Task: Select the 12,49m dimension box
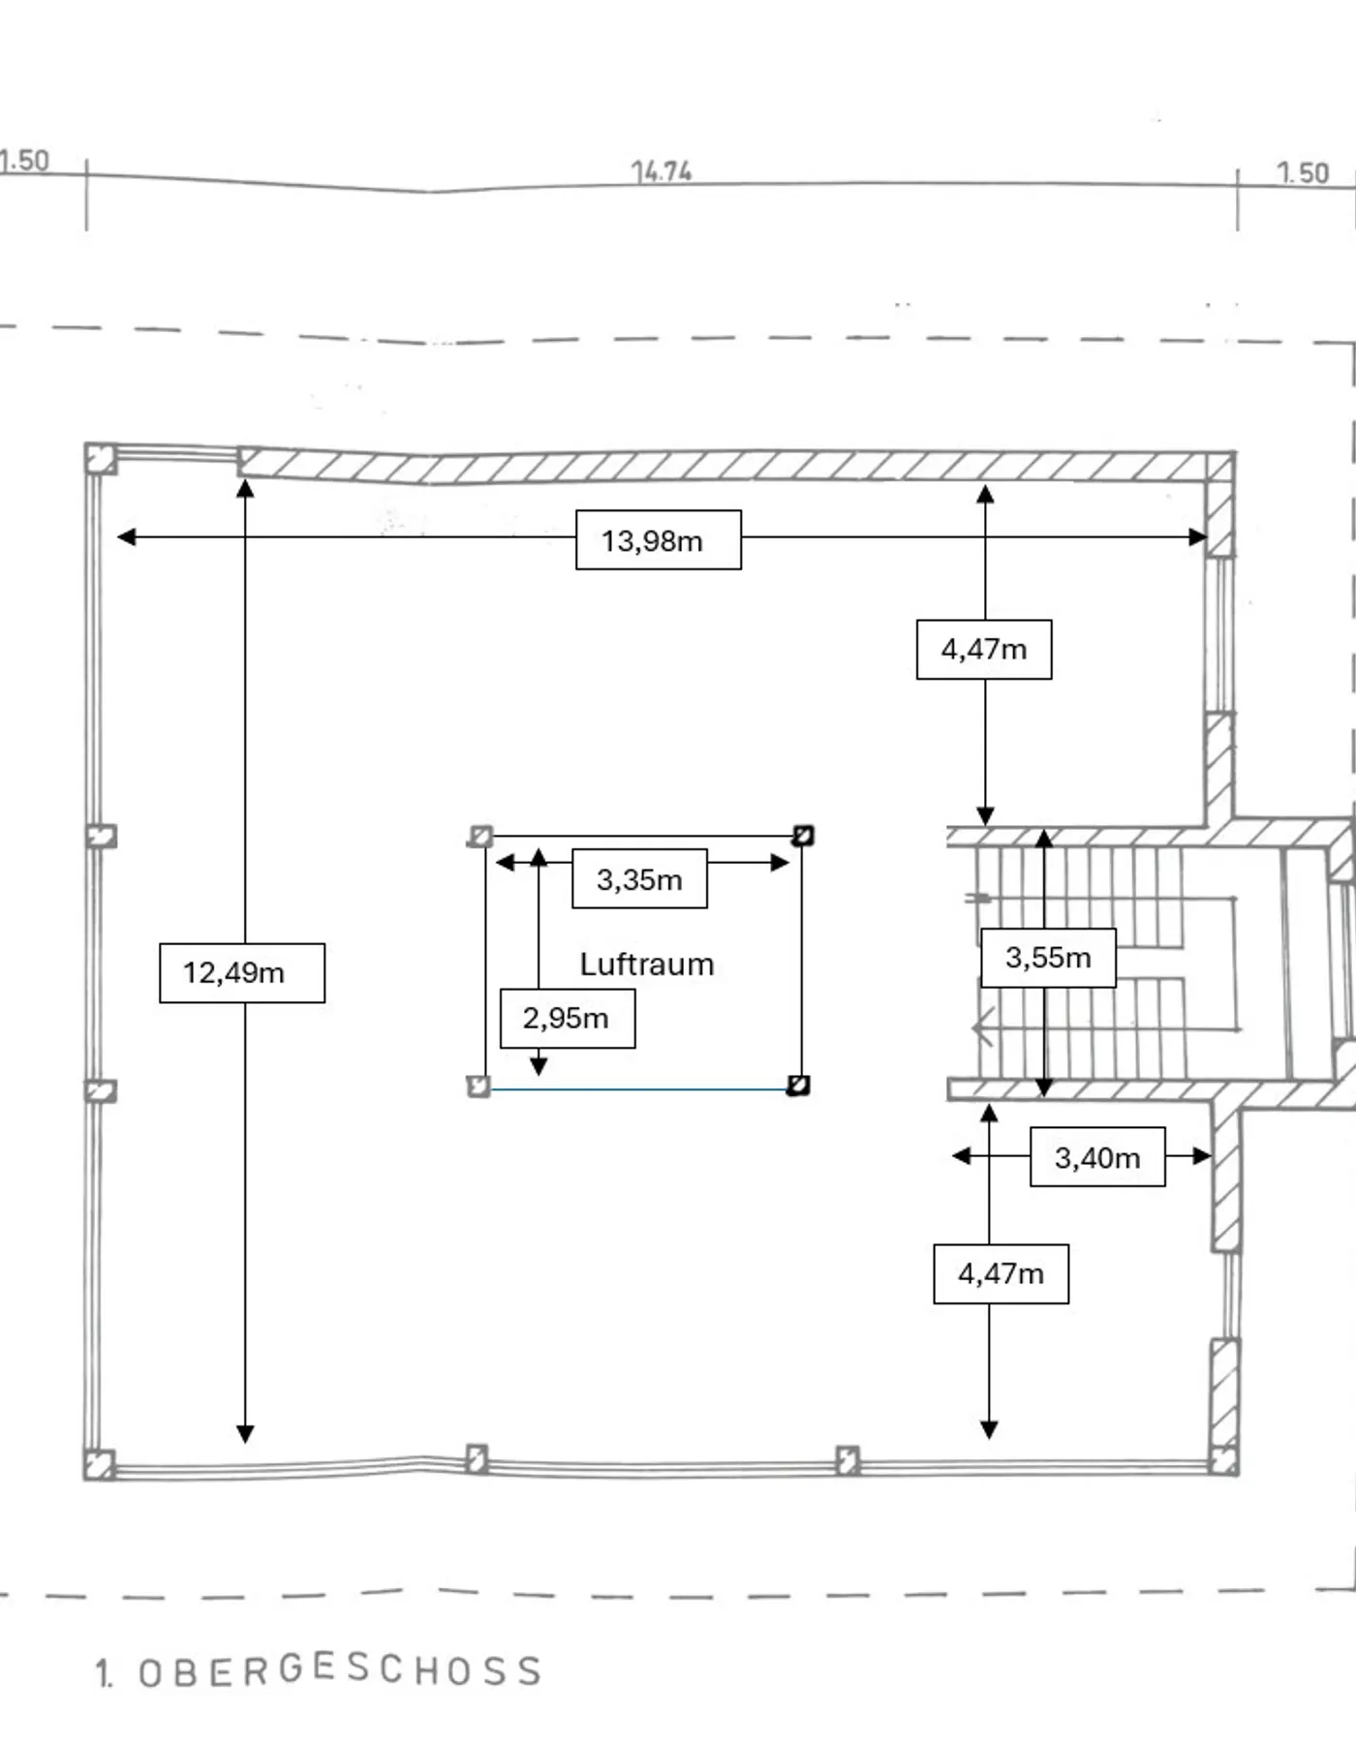point(242,972)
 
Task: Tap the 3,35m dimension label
point(639,879)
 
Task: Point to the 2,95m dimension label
point(568,1019)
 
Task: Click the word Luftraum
point(647,964)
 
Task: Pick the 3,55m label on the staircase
point(1048,958)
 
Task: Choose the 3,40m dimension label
point(1097,1157)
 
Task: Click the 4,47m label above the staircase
point(984,649)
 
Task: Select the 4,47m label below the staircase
point(1001,1273)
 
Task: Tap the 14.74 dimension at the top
point(662,172)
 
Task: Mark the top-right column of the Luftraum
point(803,835)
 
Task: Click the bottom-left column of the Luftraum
point(478,1086)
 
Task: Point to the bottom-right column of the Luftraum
point(798,1085)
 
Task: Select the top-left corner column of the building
point(101,458)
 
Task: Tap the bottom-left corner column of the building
point(99,1464)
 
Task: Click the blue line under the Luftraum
point(639,1089)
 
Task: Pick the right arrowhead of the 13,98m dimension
point(1199,536)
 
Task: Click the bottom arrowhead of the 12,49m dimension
point(245,1434)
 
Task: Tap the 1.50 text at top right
point(1303,173)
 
